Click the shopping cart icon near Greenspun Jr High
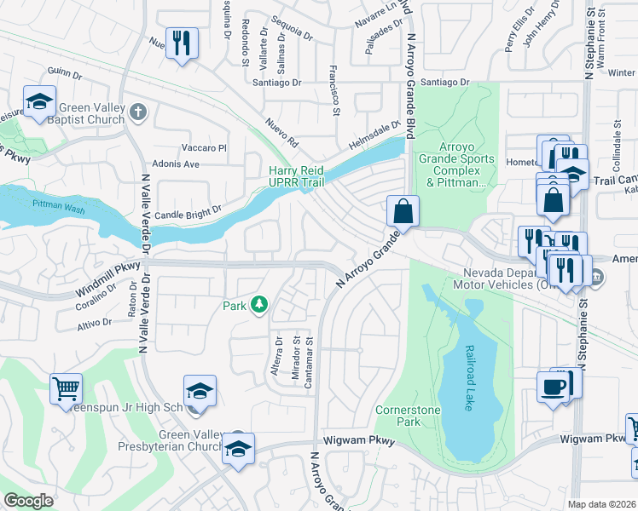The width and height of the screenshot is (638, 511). pos(66,389)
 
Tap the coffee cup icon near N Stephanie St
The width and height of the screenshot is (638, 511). pos(554,388)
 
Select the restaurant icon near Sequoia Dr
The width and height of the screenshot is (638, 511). pos(182,43)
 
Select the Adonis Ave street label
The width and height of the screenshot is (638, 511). pos(176,164)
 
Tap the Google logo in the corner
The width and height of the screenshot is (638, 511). pos(28,501)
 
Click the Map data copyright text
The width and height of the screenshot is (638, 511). pos(601,504)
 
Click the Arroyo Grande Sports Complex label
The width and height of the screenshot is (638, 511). pos(455,169)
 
